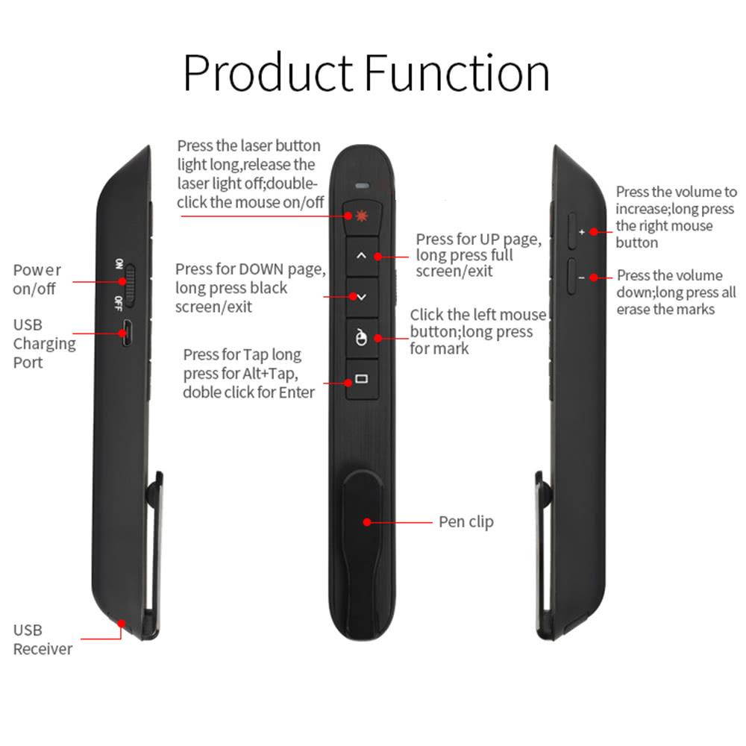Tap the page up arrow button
click(x=362, y=256)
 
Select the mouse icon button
click(x=362, y=338)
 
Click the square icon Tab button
click(x=362, y=380)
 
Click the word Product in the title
click(x=268, y=73)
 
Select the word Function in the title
click(x=457, y=73)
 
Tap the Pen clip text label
click(x=466, y=521)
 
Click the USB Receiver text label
click(x=43, y=640)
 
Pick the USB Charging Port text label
click(x=44, y=344)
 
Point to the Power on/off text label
click(x=37, y=279)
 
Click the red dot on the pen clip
click(x=366, y=521)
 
